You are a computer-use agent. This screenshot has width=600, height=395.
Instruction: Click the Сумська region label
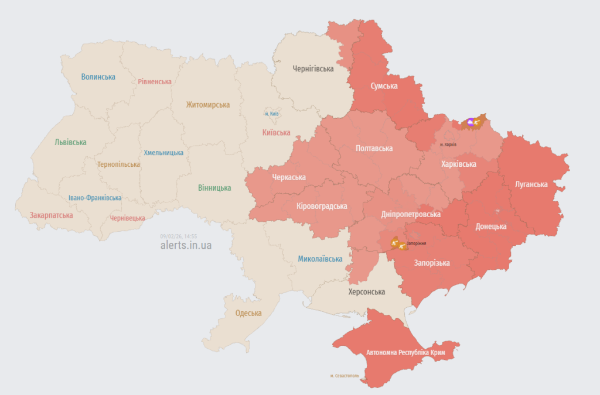(384, 86)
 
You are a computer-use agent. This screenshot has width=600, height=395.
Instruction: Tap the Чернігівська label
(313, 68)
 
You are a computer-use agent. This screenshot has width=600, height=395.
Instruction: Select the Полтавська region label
(374, 148)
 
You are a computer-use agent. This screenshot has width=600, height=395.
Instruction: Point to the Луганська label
(531, 184)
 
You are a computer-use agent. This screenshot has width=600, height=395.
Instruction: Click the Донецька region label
(491, 226)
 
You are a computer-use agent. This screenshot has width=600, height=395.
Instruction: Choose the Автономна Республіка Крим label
(405, 353)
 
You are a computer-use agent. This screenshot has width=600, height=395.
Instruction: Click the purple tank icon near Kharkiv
(470, 122)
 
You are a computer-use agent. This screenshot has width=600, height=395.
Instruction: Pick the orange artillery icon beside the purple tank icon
(478, 122)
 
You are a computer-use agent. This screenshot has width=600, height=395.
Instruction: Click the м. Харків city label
(448, 145)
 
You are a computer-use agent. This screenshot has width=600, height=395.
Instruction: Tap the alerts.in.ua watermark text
(186, 245)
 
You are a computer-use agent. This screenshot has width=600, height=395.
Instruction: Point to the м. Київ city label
(271, 114)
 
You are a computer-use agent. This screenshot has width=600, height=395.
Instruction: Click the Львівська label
(70, 142)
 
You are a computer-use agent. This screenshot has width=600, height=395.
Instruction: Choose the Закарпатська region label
(52, 215)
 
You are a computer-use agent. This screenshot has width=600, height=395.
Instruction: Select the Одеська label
(248, 313)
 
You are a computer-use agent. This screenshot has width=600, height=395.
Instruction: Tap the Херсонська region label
(367, 291)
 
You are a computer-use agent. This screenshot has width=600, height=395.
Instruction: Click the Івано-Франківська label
(94, 198)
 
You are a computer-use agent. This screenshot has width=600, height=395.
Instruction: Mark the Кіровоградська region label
(322, 206)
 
